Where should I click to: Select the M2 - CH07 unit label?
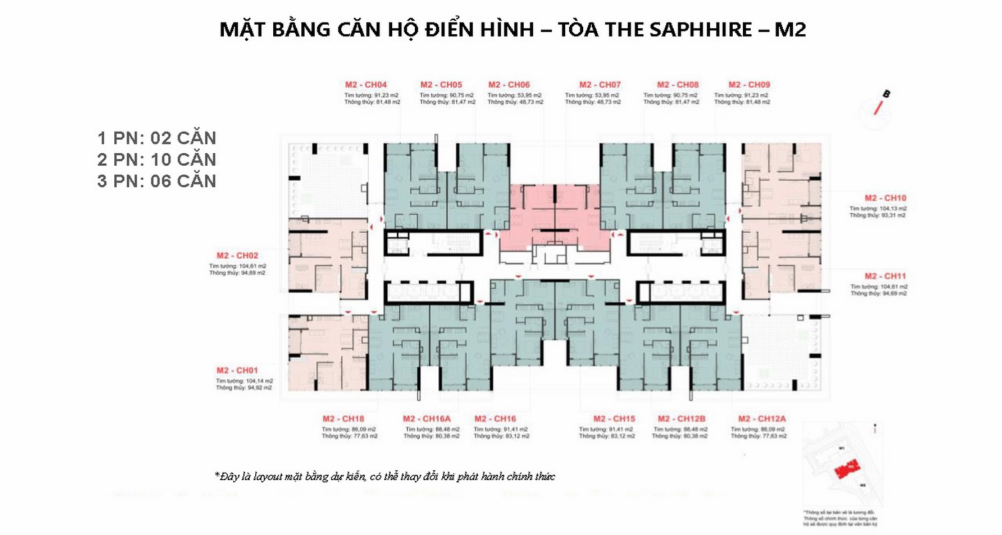(600, 85)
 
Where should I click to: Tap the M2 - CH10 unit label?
(885, 199)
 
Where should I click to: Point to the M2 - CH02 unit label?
(237, 255)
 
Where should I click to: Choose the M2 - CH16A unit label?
(428, 419)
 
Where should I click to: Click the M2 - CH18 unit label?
(343, 419)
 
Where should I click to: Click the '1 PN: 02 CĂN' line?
(157, 138)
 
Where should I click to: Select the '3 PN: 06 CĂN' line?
(157, 181)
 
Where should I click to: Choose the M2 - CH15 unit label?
(613, 419)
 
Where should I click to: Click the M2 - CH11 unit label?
(885, 276)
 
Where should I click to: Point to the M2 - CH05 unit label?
(441, 85)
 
